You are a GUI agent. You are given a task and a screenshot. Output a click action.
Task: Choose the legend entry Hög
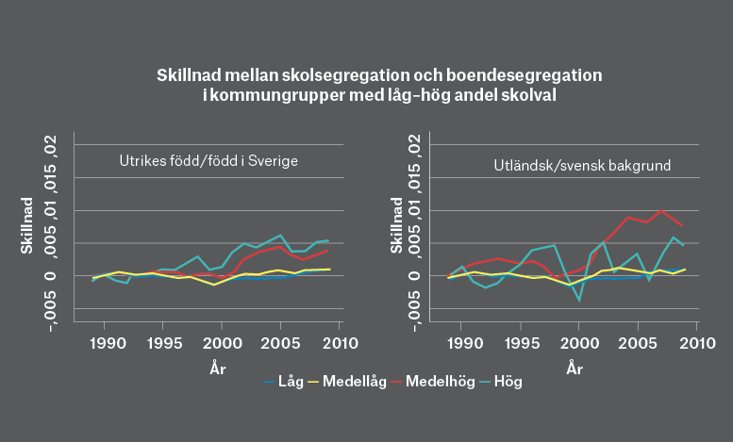tap(508, 382)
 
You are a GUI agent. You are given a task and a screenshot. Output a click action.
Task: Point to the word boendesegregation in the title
tap(515, 74)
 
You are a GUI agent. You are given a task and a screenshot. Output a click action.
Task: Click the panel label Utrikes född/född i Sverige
tap(208, 161)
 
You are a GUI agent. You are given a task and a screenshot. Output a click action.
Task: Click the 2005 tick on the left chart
tap(280, 341)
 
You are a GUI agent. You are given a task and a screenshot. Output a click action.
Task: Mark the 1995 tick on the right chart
tap(520, 341)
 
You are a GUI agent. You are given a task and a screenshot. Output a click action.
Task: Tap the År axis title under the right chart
tap(574, 368)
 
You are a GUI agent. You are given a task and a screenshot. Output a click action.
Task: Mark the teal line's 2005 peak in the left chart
tap(280, 235)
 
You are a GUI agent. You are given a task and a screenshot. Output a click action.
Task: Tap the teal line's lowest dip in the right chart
tap(579, 300)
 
